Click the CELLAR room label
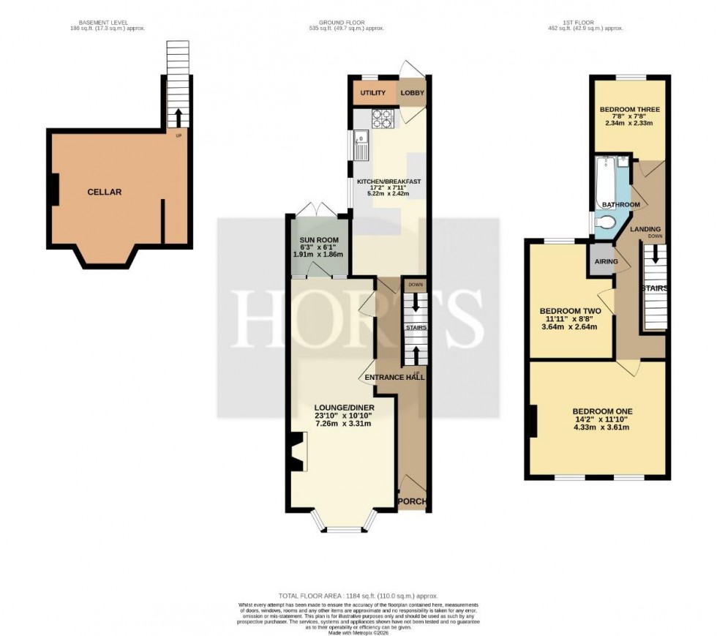pyautogui.click(x=104, y=192)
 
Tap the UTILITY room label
pyautogui.click(x=373, y=94)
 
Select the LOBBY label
pyautogui.click(x=412, y=94)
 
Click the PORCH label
pyautogui.click(x=411, y=501)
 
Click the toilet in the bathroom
pyautogui.click(x=607, y=222)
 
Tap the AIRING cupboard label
pyautogui.click(x=607, y=261)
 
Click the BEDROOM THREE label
pyautogui.click(x=629, y=110)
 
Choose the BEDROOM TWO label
pyautogui.click(x=571, y=311)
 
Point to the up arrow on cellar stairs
pyautogui.click(x=177, y=116)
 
